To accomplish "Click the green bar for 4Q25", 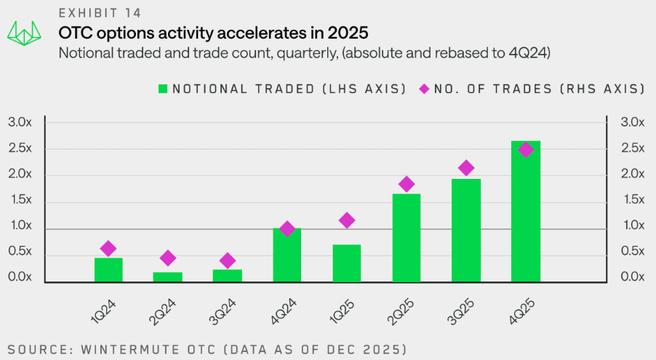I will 525,211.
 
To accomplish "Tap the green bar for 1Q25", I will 347,263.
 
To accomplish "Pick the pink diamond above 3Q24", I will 228,260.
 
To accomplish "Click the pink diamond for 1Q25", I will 347,220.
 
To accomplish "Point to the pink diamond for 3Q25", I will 466,168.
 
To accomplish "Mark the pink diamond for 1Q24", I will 108,249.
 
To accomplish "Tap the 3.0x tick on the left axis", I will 20,122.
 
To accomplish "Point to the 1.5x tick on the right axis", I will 632,200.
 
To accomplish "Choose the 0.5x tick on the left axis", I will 20,252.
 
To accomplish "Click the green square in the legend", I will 163,89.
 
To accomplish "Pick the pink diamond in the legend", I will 424,89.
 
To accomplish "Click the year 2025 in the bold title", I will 348,33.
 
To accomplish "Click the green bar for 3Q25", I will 466,230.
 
